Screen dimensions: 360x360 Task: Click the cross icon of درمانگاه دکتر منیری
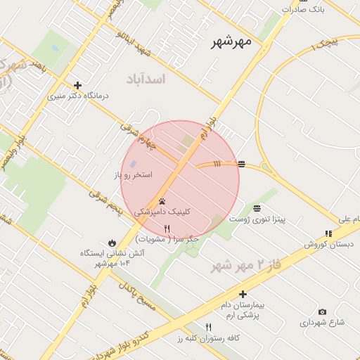(x=77, y=85)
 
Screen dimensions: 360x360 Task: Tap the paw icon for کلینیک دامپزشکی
(x=162, y=201)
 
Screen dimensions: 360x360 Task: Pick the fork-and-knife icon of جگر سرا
(x=167, y=229)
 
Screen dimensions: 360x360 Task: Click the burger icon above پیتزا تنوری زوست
(x=257, y=208)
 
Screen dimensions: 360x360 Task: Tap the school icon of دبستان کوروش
(x=328, y=233)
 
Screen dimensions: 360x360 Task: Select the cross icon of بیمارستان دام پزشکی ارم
(x=243, y=294)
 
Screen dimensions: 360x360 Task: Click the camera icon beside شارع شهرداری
(x=322, y=311)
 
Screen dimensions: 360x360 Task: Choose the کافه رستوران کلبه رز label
(x=209, y=339)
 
